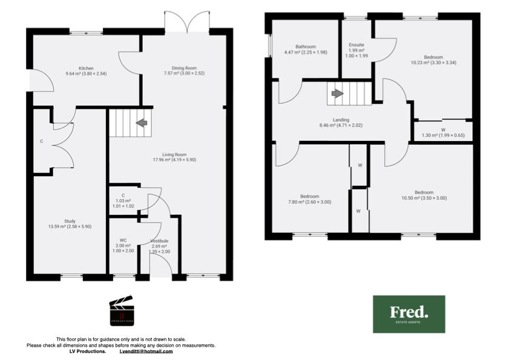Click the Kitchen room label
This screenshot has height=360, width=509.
tap(85, 68)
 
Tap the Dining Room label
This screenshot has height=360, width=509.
tap(185, 68)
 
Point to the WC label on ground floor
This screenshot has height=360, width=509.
tap(123, 240)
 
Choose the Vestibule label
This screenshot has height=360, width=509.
tap(160, 241)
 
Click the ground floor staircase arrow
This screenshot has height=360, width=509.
tap(142, 123)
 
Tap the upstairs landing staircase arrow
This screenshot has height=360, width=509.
tap(337, 94)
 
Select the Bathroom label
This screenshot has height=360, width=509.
tap(306, 47)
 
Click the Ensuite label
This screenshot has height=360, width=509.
tap(356, 45)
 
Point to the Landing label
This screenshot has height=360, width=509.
tap(341, 120)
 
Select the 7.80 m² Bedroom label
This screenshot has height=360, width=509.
tap(310, 196)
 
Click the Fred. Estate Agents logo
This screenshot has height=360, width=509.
tap(409, 313)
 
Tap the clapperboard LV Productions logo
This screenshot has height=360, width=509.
tap(120, 312)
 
